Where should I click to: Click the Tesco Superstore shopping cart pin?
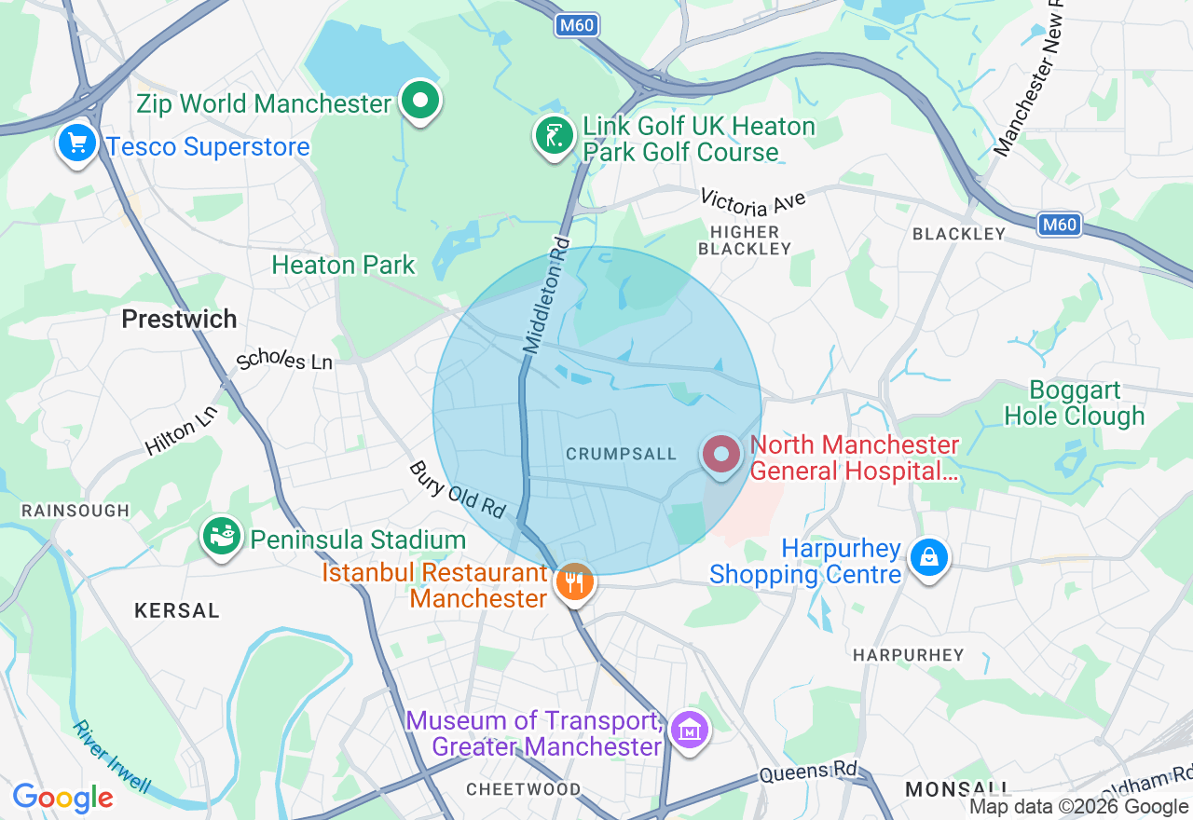[x=77, y=144]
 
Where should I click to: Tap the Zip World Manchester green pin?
[x=420, y=100]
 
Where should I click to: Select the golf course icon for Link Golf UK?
[x=555, y=137]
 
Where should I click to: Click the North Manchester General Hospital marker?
[x=720, y=455]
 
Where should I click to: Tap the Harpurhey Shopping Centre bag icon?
[x=929, y=558]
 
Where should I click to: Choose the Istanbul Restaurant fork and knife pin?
[x=575, y=583]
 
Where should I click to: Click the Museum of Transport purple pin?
[x=690, y=731]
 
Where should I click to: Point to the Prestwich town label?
[x=179, y=319]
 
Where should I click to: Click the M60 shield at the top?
[x=576, y=25]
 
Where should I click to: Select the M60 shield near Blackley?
[x=1060, y=224]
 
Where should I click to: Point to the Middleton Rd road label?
[x=547, y=294]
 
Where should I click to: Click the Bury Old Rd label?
[x=457, y=489]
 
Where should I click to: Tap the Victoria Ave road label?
[x=752, y=200]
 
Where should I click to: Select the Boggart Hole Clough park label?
[x=1075, y=403]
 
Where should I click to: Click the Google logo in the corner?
[x=62, y=798]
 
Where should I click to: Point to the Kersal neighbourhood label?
[x=177, y=610]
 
